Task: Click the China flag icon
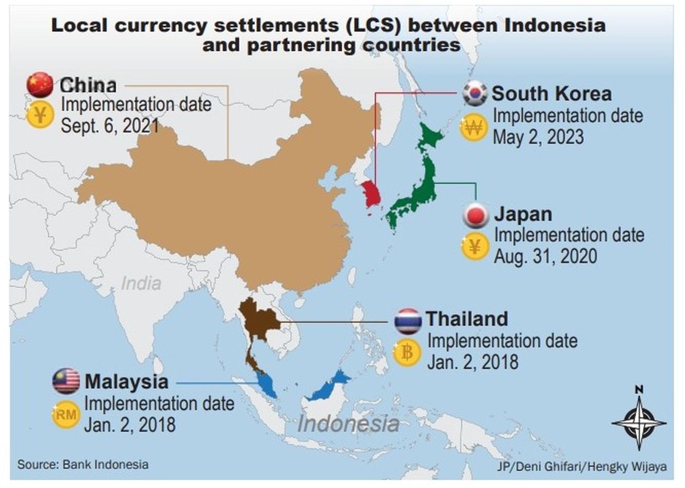tap(40, 85)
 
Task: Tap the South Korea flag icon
tap(474, 93)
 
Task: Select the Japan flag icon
tap(475, 215)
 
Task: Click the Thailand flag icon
tap(408, 321)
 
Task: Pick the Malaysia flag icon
tap(66, 381)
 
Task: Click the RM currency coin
tap(66, 414)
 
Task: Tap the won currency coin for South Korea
tap(473, 127)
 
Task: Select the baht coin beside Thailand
tap(407, 353)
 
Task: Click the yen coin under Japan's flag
tap(475, 247)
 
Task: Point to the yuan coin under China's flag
tap(40, 115)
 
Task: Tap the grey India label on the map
tap(141, 283)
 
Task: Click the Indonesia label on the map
tap(348, 424)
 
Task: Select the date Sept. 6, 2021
tap(110, 125)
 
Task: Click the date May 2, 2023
tap(538, 137)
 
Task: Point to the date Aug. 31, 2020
tap(545, 256)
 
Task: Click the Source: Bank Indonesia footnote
tap(83, 464)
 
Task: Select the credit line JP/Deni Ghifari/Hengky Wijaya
tap(582, 466)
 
